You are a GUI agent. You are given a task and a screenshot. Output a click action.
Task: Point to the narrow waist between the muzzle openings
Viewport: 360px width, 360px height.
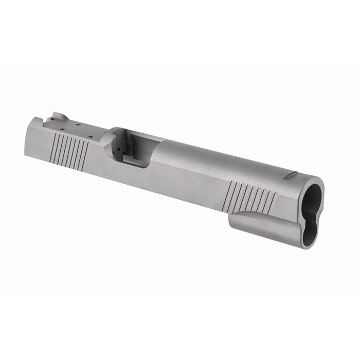point(310,214)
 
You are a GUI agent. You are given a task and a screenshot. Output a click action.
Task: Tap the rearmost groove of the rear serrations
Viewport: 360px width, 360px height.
point(53,149)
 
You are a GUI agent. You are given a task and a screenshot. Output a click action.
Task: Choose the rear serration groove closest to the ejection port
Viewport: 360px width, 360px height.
point(85,156)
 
